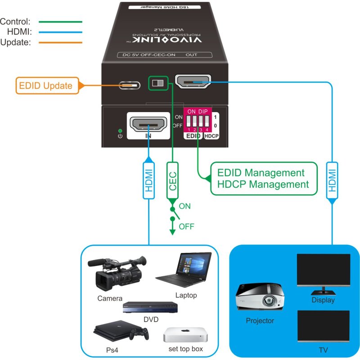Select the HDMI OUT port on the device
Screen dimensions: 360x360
click(193, 83)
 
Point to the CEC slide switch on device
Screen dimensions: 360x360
click(157, 84)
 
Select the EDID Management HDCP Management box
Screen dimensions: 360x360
click(260, 179)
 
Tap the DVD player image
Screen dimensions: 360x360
click(150, 308)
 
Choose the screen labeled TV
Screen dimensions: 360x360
click(323, 325)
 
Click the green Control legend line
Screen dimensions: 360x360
click(60, 21)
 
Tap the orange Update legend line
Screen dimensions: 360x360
click(60, 43)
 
